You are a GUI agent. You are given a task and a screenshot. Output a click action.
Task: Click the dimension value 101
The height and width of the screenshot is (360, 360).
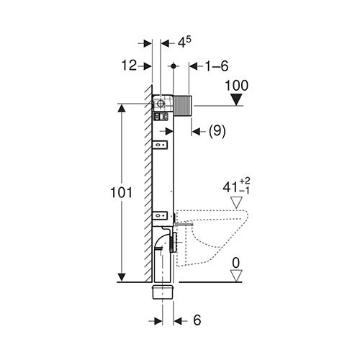pos(121,192)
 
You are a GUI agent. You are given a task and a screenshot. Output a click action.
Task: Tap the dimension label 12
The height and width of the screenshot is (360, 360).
pos(129,66)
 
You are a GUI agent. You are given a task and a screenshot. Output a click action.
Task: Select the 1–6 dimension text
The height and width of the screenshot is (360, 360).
pos(217,66)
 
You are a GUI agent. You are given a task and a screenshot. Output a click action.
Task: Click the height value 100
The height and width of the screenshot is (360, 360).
pos(237,86)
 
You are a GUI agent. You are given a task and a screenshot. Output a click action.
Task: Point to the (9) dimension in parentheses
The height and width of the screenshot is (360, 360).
pos(217,131)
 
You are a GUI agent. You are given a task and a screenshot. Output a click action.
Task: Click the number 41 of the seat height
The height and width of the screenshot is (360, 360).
pos(230,187)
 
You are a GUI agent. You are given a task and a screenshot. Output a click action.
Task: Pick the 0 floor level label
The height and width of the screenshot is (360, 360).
pos(236,263)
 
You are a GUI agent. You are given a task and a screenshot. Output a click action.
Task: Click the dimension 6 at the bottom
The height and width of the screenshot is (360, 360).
pos(197,320)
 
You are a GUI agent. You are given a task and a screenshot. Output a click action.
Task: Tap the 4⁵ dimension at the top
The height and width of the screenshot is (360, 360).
pos(184,42)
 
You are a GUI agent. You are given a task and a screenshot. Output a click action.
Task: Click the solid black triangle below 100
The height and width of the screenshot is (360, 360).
pos(236,99)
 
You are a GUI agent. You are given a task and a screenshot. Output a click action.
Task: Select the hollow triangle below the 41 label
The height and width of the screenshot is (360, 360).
pos(236,202)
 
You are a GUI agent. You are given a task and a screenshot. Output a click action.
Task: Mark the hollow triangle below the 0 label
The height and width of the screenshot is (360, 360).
pos(236,276)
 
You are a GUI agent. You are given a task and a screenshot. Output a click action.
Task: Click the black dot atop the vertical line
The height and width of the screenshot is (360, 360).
pos(174,66)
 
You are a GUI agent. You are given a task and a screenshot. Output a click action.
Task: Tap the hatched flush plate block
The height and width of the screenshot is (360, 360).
pos(182,106)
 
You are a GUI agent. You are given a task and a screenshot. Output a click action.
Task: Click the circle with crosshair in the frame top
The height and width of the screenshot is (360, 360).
pos(160,104)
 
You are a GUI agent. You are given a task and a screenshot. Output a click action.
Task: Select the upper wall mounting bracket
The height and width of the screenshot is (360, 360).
pos(160,145)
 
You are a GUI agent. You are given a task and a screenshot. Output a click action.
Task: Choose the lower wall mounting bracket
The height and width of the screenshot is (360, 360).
pos(160,215)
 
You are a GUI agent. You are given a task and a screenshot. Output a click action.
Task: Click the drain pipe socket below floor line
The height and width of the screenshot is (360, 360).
pos(163,292)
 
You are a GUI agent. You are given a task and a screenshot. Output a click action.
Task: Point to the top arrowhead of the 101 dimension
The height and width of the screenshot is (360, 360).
pos(122,108)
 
